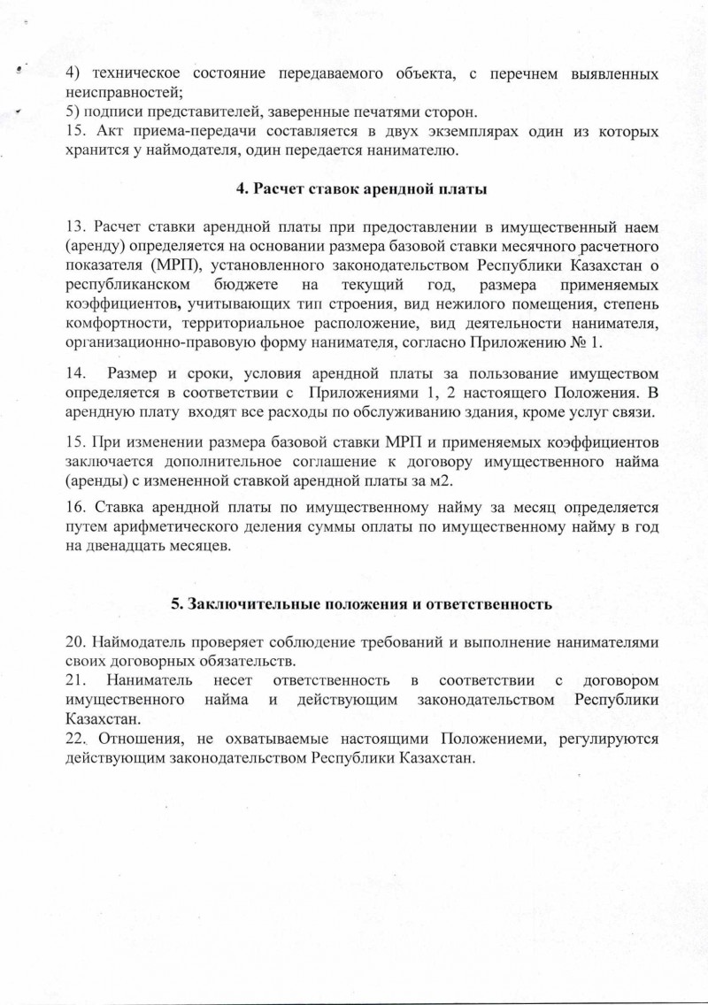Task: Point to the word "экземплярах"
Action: click(x=433, y=132)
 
